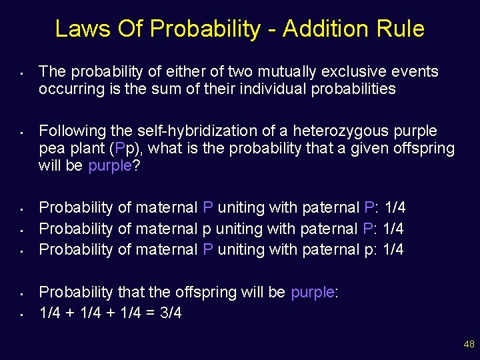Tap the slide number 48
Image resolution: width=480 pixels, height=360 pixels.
point(469,344)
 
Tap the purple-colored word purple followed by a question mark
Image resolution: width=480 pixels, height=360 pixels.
point(110,165)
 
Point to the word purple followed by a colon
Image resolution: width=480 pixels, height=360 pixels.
point(312,292)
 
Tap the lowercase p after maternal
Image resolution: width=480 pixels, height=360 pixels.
point(206,229)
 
